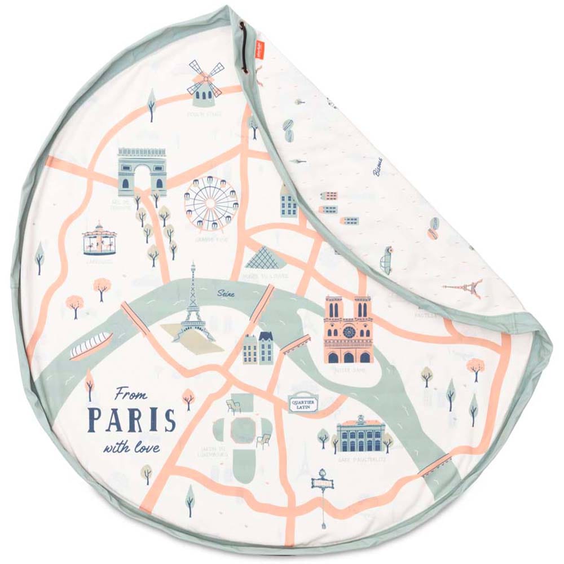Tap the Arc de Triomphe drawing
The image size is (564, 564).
click(142, 171)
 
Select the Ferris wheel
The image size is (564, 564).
click(209, 204)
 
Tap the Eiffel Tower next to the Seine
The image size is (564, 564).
click(193, 307)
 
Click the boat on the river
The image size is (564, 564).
click(91, 345)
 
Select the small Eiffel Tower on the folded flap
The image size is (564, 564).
click(465, 288)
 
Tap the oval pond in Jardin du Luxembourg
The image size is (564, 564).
click(243, 432)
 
